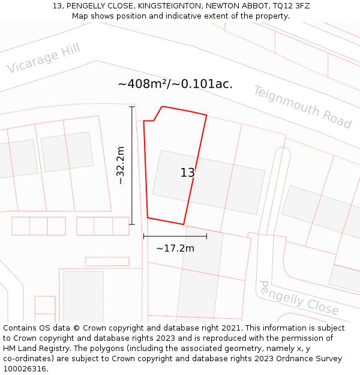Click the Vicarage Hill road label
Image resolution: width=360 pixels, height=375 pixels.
[43, 59]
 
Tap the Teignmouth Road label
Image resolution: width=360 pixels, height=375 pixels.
[302, 107]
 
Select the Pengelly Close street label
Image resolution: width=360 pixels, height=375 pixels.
[298, 298]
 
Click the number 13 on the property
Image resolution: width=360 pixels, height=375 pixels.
[188, 173]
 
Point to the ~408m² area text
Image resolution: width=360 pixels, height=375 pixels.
[143, 84]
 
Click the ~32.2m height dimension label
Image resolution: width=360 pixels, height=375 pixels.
[121, 165]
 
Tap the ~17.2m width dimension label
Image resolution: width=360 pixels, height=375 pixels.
[175, 248]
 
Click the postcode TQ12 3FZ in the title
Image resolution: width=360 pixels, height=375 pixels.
[290, 6]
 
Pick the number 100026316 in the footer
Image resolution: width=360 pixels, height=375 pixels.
[26, 368]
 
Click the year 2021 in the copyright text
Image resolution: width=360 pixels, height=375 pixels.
[230, 328]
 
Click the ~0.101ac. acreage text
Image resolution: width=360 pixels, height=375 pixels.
[202, 84]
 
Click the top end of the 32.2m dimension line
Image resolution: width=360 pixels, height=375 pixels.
[132, 107]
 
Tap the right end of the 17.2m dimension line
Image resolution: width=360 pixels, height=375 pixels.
[206, 236]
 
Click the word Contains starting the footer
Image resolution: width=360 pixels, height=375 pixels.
[21, 328]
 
